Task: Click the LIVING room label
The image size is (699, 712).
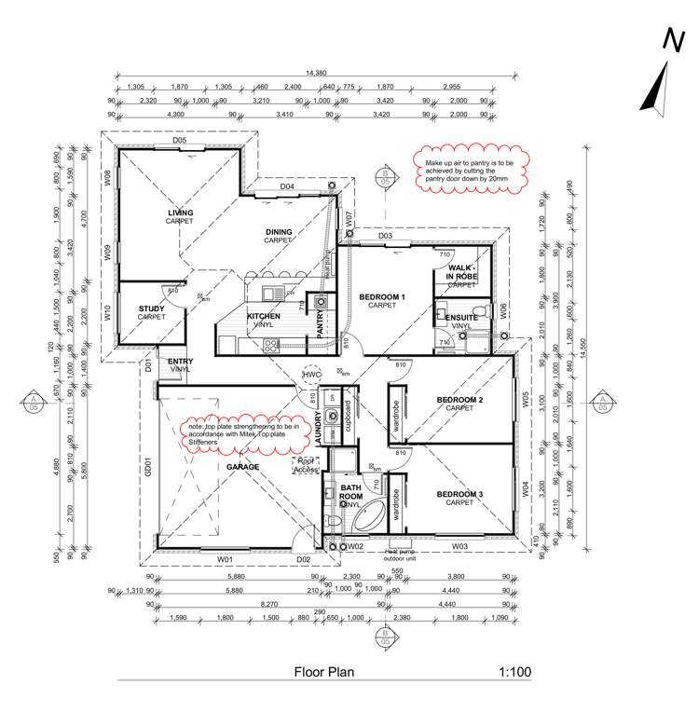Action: (x=180, y=213)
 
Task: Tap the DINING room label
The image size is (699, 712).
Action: (x=278, y=232)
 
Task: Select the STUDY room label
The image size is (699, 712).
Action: (x=151, y=308)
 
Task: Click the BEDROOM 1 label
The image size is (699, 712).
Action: (x=383, y=298)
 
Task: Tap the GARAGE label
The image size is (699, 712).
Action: (x=242, y=467)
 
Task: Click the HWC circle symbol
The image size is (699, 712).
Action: (x=311, y=375)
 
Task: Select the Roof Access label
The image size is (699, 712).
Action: (x=306, y=464)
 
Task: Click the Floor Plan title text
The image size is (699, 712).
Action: (x=323, y=671)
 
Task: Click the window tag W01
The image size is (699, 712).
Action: (x=225, y=559)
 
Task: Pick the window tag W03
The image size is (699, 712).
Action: (x=459, y=545)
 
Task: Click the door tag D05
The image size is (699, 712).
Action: (x=180, y=140)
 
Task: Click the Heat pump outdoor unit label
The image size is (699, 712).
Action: (x=406, y=555)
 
